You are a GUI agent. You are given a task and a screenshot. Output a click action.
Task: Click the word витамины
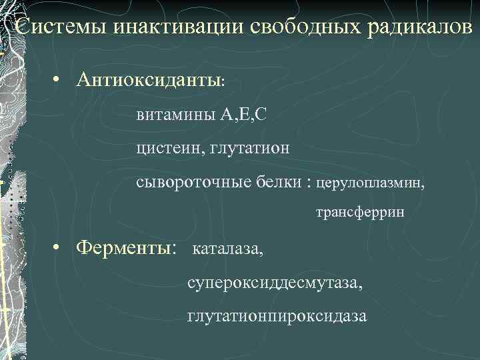175,115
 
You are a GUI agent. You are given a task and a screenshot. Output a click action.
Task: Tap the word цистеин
169,147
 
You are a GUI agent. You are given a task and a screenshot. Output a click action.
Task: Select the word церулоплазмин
370,181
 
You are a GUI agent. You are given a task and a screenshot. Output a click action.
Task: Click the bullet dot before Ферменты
59,248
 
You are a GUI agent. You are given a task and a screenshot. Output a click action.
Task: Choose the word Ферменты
124,248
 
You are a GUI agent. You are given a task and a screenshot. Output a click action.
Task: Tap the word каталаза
227,251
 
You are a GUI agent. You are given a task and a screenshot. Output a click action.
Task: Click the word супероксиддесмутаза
275,283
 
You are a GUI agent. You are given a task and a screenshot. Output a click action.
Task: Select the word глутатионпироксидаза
277,316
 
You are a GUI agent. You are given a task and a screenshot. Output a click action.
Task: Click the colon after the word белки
309,182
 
